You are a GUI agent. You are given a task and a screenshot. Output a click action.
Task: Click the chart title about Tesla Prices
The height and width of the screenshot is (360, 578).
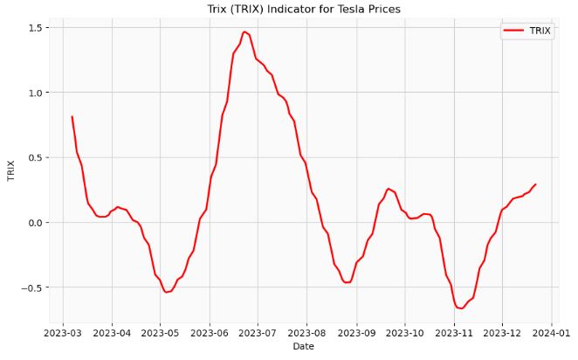304,9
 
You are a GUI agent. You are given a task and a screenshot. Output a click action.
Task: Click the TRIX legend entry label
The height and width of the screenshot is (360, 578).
540,31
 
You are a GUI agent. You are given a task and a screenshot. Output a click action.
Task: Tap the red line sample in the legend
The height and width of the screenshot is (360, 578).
513,31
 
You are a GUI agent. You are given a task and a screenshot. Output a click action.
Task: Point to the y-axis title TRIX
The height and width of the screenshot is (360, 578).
11,170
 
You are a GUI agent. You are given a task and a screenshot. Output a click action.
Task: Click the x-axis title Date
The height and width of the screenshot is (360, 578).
304,347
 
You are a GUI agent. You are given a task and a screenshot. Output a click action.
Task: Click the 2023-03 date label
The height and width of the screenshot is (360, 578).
63,332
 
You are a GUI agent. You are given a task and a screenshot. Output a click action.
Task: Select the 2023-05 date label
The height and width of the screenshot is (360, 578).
160,332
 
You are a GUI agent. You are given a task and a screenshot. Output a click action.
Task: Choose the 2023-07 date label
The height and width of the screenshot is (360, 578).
258,332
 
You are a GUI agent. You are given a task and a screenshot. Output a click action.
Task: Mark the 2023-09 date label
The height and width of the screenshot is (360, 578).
356,332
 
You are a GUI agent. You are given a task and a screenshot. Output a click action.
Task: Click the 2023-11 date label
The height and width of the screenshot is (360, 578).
453,332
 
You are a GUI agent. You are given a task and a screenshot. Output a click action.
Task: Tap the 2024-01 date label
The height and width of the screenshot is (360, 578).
551,332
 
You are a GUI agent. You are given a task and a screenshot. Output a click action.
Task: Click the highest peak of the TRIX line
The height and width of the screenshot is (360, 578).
245,31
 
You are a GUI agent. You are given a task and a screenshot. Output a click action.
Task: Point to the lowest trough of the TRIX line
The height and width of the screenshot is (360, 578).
460,308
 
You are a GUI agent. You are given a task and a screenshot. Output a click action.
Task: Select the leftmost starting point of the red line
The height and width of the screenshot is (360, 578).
72,116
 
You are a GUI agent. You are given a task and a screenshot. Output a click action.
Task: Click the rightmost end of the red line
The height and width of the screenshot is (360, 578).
535,184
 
